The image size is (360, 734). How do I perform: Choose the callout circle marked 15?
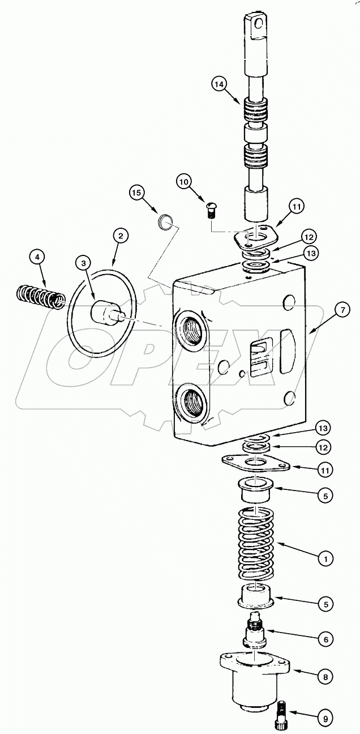point(136,192)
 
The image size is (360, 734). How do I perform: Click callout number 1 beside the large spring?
point(325,558)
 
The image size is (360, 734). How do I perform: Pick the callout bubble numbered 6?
point(325,639)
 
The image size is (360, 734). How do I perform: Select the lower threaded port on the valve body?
point(192,404)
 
